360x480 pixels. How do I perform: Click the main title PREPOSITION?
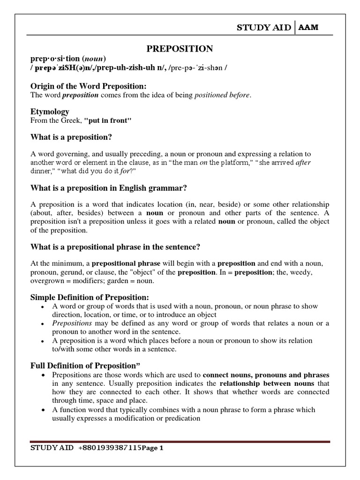coord(180,49)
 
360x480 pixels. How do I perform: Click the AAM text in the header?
coord(308,28)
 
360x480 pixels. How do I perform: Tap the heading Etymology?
coord(50,112)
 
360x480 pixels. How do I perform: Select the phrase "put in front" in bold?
coord(108,120)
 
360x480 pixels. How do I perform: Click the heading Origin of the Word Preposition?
coord(89,86)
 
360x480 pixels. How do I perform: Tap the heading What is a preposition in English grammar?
coord(109,188)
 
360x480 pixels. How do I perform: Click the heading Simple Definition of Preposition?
coord(90,297)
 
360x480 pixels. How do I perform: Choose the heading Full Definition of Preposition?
coord(86,366)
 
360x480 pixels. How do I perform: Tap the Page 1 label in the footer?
coord(152,448)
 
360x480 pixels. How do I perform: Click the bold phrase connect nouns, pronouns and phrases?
coord(266,375)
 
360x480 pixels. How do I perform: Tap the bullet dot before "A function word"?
coord(43,410)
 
